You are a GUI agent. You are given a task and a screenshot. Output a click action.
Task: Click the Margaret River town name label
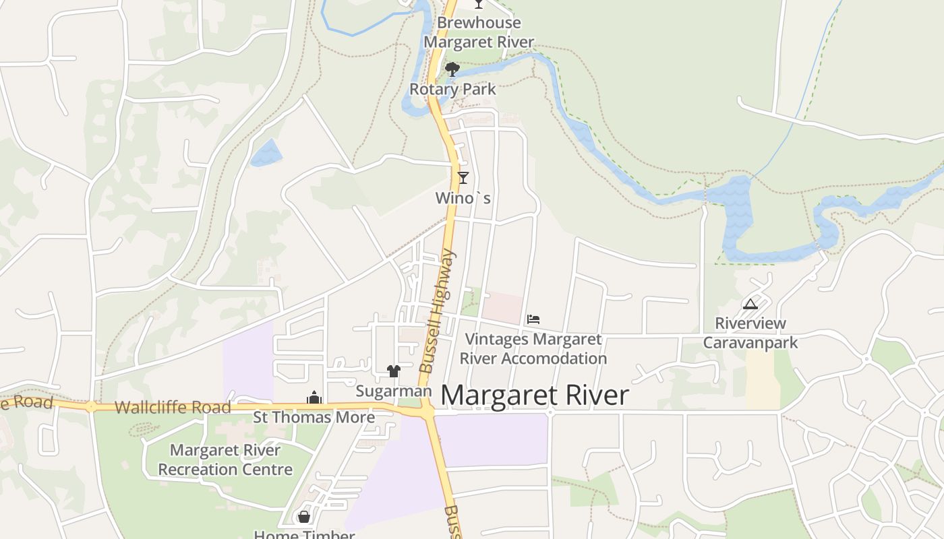pos(534,395)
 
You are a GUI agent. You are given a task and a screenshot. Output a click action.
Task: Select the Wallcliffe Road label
pos(173,407)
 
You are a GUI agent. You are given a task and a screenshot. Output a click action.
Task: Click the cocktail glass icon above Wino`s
pos(463,178)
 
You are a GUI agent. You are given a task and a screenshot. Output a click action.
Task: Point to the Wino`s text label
pos(463,198)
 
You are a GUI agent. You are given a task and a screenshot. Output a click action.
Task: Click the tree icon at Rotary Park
pos(452,69)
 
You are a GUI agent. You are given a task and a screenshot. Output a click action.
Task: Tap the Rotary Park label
pos(452,89)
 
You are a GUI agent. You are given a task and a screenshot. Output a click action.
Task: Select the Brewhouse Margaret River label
pos(479,32)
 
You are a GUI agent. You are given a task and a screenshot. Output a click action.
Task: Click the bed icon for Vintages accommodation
pos(533,319)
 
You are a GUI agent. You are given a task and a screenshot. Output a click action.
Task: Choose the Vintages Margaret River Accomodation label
pos(533,349)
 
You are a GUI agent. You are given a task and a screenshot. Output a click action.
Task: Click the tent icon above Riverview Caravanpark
pos(750,304)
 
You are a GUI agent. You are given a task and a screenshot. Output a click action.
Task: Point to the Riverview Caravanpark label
pos(750,333)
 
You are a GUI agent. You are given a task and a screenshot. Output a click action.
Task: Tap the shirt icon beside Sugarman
pos(394,371)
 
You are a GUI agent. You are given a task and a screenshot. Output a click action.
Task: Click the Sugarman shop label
pos(393,391)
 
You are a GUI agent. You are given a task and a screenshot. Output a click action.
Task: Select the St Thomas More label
pos(314,417)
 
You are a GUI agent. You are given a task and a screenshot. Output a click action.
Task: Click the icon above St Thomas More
pos(314,398)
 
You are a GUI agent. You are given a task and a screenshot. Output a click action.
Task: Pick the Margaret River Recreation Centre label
pos(225,459)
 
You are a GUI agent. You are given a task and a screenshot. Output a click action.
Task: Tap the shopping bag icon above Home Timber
pos(304,517)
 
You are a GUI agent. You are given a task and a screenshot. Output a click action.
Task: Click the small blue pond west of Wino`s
pos(266,153)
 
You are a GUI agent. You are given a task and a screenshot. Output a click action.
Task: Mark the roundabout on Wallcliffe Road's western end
pos(91,406)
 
